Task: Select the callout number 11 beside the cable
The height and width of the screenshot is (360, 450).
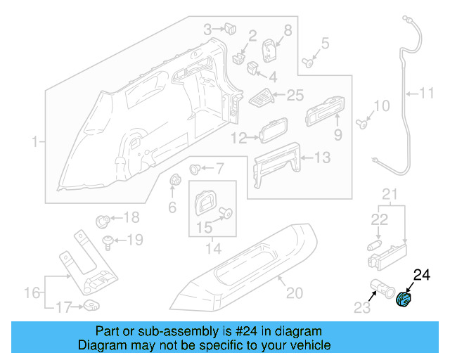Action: click(428, 92)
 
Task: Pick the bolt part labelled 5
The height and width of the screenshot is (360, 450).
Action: click(308, 62)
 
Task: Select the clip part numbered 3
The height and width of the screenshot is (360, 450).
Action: click(229, 29)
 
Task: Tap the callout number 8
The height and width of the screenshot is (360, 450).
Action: click(287, 29)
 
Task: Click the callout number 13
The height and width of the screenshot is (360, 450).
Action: click(321, 159)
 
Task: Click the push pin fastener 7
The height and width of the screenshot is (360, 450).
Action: click(196, 169)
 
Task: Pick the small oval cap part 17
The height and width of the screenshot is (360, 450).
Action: click(91, 304)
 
